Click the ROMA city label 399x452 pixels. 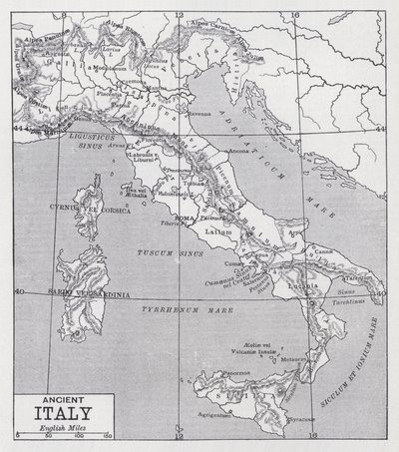tap(186, 217)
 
